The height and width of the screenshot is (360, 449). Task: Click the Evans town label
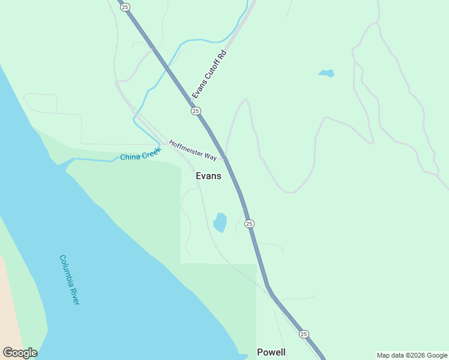(208, 176)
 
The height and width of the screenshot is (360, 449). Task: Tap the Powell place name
(271, 352)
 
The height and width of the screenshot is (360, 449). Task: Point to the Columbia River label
(69, 280)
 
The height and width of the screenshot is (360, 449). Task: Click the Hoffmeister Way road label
(193, 150)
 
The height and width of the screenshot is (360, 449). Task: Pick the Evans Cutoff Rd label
(209, 74)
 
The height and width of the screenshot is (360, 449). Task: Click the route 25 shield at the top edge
(124, 7)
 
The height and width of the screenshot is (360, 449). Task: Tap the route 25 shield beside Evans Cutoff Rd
(196, 111)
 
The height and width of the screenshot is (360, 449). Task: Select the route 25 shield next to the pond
(249, 224)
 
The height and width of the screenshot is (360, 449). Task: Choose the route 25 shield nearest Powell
(304, 334)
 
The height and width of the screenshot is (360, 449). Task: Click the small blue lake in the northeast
(327, 74)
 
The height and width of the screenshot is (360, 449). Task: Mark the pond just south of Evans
(220, 223)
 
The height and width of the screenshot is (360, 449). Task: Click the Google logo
(20, 353)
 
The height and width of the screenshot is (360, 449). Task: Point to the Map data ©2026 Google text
(412, 355)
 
